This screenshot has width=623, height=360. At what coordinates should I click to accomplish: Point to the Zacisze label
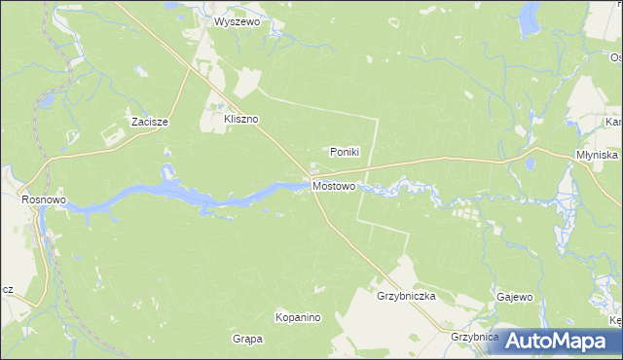click(x=150, y=123)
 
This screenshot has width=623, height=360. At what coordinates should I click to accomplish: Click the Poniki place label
click(x=345, y=152)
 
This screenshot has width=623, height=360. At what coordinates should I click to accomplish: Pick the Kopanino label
click(x=298, y=318)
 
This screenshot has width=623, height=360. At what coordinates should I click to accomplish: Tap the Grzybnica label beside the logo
click(x=474, y=337)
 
